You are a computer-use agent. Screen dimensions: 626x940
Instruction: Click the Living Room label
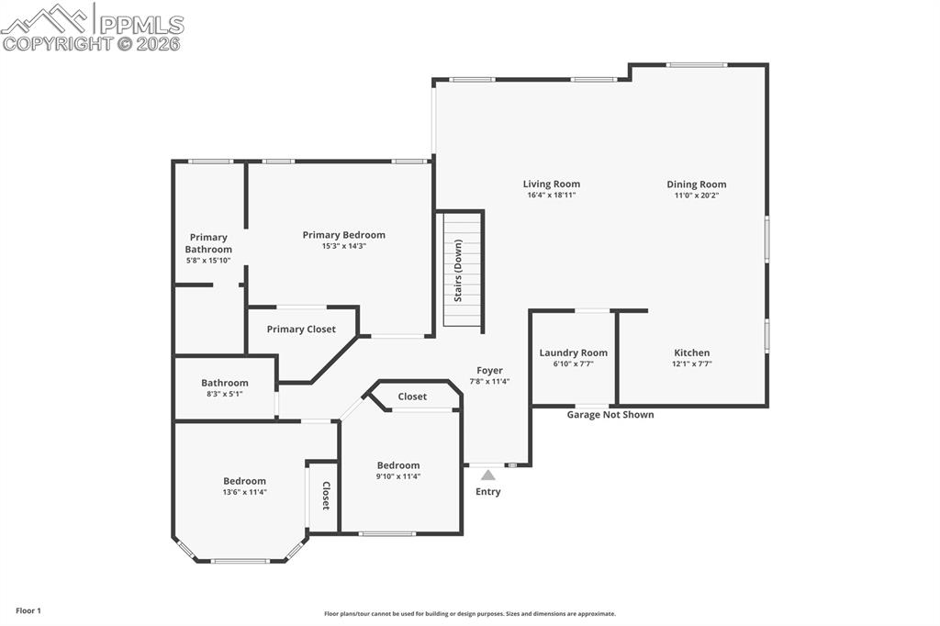(552, 184)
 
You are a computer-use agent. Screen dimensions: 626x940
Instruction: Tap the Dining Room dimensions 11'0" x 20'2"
(696, 196)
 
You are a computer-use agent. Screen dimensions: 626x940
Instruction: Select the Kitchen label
(691, 352)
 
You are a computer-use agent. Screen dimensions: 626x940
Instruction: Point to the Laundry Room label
(573, 352)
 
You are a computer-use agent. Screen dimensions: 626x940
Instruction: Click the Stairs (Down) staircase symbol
(464, 268)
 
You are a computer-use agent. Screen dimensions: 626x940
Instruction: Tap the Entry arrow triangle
(488, 475)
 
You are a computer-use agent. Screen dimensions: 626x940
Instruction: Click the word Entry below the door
(488, 492)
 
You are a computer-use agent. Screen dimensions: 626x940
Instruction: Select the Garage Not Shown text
(610, 415)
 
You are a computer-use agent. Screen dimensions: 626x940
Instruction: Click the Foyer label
(489, 370)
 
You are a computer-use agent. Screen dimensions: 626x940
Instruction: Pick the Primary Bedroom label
(343, 235)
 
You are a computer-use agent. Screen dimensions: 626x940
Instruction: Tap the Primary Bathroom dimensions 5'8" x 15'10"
(208, 261)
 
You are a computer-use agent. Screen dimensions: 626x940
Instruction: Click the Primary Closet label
(301, 329)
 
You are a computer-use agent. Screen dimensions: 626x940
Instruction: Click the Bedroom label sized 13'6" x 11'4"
(244, 481)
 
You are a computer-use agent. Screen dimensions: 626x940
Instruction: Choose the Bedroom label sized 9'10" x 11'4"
(397, 465)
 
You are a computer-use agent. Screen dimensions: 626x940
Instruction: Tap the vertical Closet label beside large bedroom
(325, 496)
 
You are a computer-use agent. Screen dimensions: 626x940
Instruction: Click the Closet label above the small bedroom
(412, 397)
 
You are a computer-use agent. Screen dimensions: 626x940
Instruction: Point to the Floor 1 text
(28, 610)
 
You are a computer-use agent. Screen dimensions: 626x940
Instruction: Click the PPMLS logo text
(140, 24)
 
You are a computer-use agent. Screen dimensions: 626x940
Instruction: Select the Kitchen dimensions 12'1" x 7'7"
(691, 364)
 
